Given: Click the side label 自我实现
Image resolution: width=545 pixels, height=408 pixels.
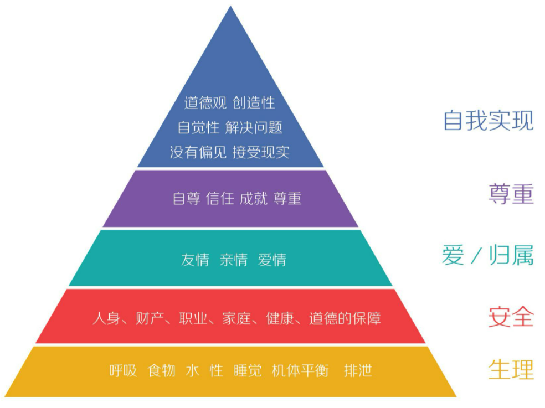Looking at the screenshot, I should (488, 121).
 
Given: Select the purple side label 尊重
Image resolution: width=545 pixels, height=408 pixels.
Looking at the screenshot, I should (511, 194).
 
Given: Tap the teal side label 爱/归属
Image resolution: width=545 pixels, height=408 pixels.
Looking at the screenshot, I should (487, 256).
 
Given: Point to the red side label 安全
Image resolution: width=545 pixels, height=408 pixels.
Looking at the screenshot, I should (511, 317).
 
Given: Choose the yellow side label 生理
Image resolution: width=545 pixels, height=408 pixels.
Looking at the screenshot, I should (511, 369).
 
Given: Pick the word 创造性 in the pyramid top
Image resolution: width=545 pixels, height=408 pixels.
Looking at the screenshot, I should (253, 103).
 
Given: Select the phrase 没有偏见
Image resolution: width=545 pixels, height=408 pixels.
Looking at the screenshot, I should (198, 152).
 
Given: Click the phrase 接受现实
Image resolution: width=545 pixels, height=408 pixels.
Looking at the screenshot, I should (261, 152).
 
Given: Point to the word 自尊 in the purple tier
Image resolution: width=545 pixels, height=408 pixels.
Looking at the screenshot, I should (186, 199).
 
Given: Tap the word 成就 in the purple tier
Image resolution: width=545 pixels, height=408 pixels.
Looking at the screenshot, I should (253, 199).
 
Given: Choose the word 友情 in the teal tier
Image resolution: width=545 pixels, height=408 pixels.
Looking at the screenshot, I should (195, 260).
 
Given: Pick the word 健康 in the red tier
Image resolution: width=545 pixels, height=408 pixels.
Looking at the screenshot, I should (280, 319).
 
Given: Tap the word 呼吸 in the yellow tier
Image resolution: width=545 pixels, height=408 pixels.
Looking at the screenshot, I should (123, 370).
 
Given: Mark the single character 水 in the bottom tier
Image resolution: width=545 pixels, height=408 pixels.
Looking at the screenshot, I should (192, 370).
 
